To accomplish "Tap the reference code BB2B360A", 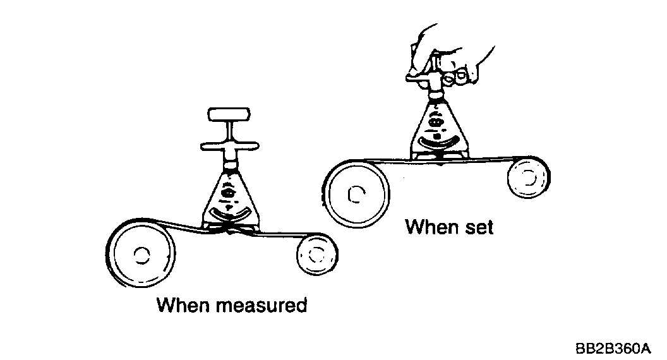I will (x=612, y=348).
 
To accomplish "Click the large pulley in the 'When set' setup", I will (x=356, y=193).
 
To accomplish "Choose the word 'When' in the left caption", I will (x=183, y=306).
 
